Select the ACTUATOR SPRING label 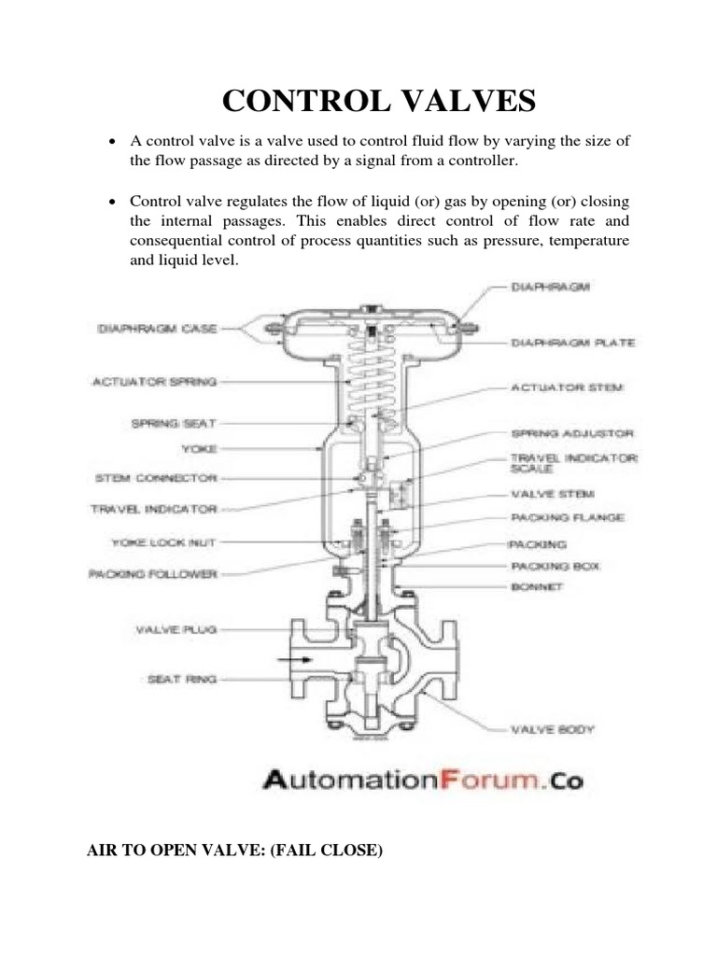[154, 381]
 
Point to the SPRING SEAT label [174, 423]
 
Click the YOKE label [199, 449]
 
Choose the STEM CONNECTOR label [156, 478]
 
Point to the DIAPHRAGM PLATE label [572, 343]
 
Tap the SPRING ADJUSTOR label [572, 434]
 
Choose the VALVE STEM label [553, 494]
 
